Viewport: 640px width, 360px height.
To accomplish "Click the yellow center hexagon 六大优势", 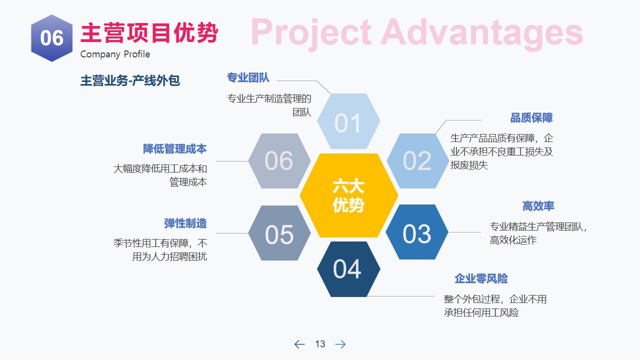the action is tap(349, 195).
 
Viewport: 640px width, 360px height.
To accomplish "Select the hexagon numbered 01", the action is tap(348, 121).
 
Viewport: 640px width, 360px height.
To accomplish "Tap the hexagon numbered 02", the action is tap(417, 161).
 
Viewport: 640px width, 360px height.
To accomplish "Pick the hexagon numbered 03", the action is tap(417, 232).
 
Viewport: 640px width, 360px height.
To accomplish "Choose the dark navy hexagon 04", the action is tap(348, 269).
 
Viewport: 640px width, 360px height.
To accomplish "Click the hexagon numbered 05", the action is tap(279, 233).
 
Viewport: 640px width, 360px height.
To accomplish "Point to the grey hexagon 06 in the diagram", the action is tap(279, 161).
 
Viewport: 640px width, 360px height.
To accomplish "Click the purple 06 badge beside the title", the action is tap(51, 38).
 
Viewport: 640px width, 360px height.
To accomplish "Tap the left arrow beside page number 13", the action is tap(299, 344).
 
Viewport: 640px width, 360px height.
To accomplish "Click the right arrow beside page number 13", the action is tap(340, 344).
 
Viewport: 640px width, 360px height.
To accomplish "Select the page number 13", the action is tap(320, 344).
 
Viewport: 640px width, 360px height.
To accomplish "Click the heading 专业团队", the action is tap(248, 77).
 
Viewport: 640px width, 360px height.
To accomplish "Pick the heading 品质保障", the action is tap(531, 117).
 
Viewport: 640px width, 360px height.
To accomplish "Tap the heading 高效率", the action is tap(538, 206).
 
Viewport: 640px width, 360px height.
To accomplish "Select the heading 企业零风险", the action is tap(481, 278).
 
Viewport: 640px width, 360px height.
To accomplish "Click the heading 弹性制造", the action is tap(185, 223).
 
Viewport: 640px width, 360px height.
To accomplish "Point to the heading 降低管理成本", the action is tap(175, 149).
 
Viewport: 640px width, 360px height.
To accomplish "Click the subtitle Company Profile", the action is tap(115, 54).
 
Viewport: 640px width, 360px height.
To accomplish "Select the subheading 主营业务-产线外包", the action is tap(130, 80).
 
